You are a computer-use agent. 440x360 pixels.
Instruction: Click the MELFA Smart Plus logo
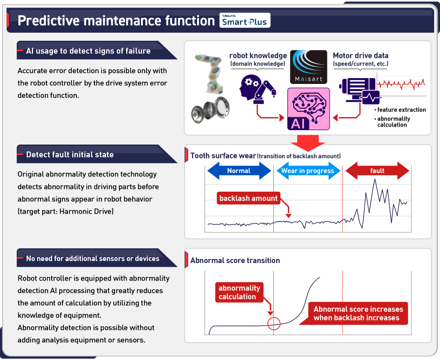(245, 21)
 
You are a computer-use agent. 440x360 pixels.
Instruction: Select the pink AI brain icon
(308, 109)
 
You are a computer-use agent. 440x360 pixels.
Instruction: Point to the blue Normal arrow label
(239, 171)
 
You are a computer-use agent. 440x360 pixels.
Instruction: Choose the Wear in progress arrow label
(308, 171)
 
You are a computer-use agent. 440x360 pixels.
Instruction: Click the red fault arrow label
(377, 171)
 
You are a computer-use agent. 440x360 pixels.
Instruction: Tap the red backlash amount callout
(248, 198)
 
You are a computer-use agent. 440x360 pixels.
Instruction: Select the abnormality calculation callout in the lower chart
(239, 292)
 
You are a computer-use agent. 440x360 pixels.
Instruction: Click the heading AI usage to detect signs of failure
(88, 51)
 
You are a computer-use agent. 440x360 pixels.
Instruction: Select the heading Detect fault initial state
(70, 155)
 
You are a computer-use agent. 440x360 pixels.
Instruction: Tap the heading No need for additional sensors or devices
(92, 259)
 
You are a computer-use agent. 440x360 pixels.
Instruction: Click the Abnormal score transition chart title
(235, 260)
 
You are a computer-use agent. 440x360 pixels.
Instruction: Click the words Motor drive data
(360, 56)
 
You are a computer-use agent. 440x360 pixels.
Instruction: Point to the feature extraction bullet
(401, 110)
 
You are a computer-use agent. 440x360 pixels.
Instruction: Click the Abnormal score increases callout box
(358, 313)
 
